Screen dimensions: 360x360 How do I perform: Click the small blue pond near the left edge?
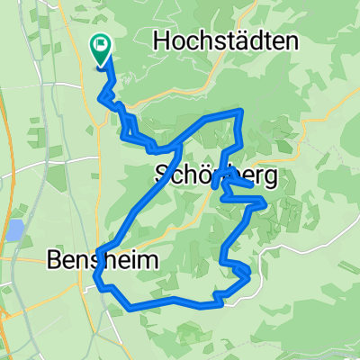(14, 230)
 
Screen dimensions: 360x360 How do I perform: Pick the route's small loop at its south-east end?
(241, 271)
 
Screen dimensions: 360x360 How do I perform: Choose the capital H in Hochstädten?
(162, 40)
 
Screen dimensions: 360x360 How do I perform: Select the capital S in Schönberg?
(163, 174)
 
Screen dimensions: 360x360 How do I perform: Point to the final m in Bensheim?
(148, 260)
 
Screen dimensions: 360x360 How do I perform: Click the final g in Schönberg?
(270, 175)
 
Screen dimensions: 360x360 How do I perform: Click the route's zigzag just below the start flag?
(112, 90)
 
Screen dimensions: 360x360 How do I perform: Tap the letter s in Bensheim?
(100, 260)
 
